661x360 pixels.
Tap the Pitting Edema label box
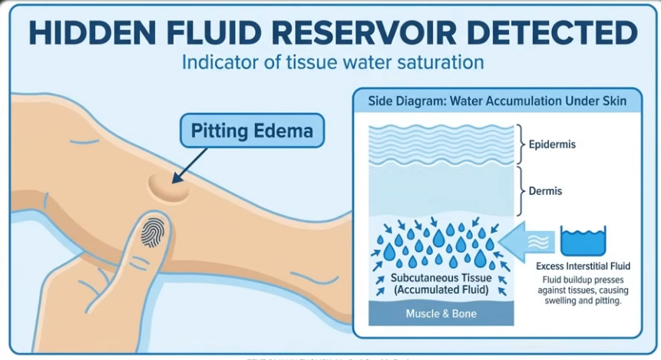(251, 131)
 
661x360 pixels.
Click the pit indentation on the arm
(168, 187)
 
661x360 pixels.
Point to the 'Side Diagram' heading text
(497, 101)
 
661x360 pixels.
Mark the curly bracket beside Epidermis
(521, 143)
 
